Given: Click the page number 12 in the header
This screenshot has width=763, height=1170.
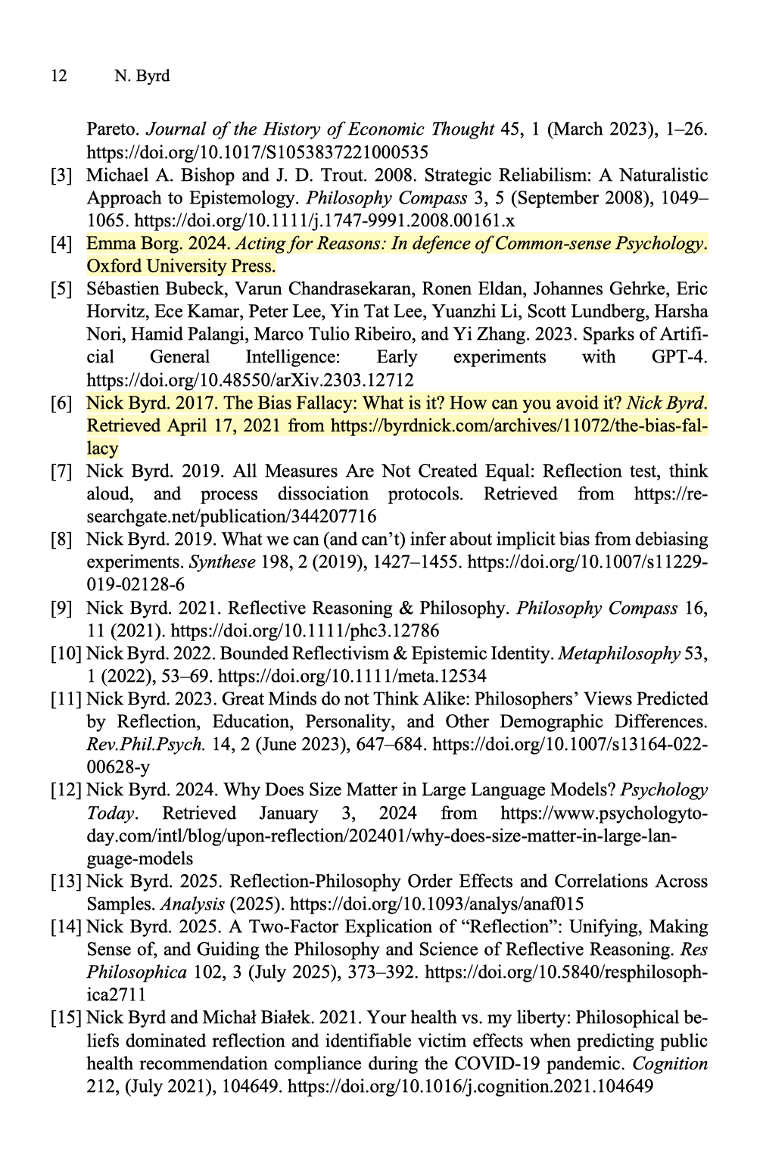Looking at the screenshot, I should [58, 76].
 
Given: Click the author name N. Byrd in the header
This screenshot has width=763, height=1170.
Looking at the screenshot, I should [142, 76].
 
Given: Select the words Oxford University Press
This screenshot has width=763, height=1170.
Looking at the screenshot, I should [181, 266].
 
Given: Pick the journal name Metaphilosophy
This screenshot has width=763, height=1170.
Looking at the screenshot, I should [618, 653].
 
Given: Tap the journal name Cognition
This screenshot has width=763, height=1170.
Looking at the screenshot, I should [670, 1063].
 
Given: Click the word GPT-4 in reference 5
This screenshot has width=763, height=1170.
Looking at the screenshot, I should [679, 357].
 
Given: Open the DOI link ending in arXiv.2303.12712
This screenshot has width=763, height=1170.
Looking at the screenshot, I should [251, 380].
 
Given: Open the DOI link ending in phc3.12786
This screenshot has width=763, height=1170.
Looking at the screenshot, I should [305, 630].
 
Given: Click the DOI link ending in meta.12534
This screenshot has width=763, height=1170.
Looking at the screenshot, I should [352, 676].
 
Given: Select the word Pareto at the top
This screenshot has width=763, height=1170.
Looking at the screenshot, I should [112, 129].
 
